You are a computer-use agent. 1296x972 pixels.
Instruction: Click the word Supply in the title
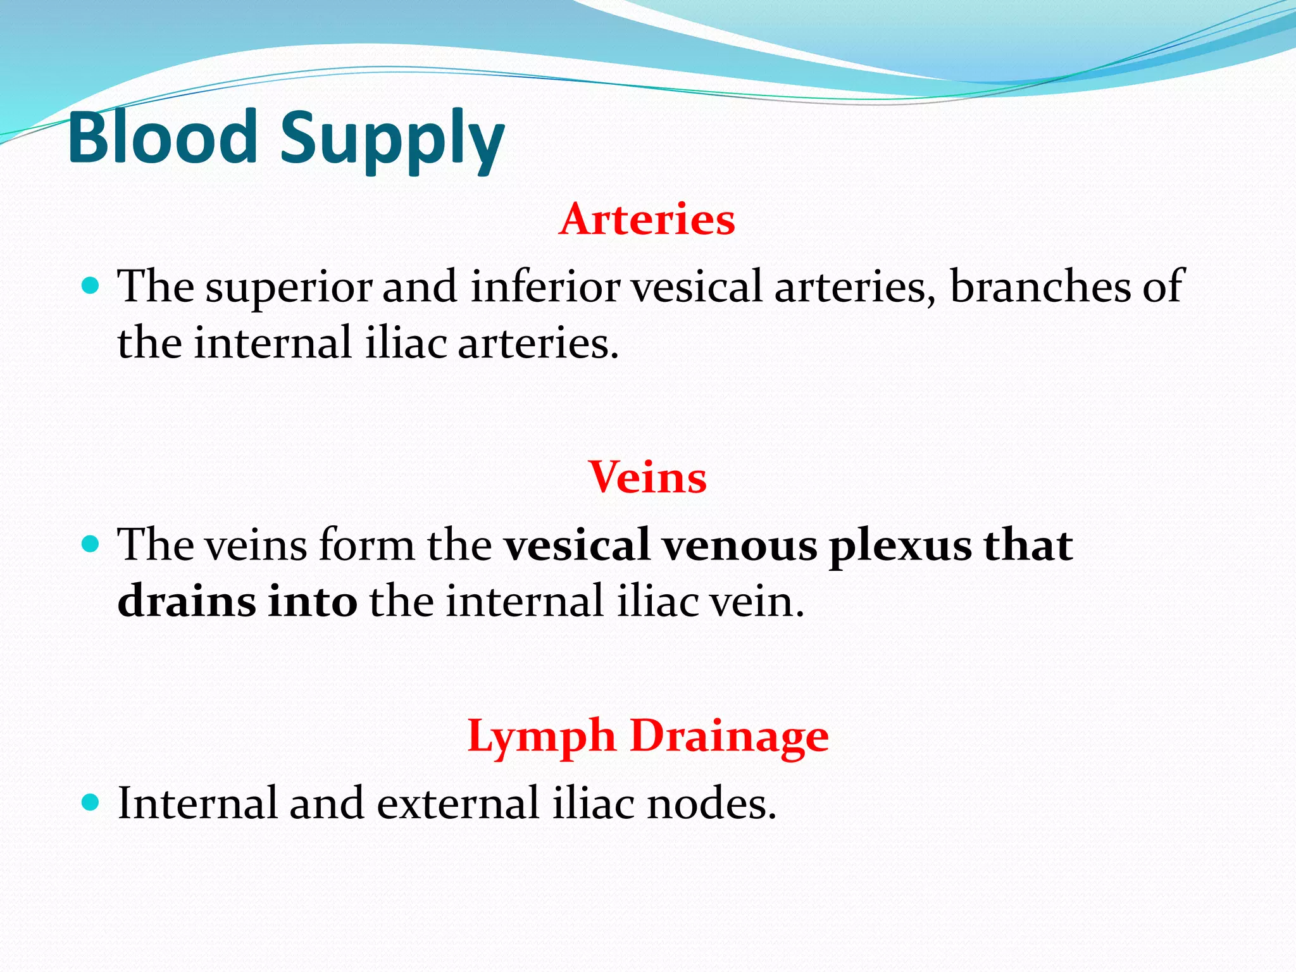click(x=392, y=140)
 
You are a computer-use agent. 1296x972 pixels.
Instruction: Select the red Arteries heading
click(x=647, y=220)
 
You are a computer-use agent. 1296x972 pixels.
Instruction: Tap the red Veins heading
click(x=647, y=477)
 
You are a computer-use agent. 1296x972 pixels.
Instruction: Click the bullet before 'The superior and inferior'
click(x=91, y=285)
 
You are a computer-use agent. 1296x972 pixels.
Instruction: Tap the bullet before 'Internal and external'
click(x=91, y=802)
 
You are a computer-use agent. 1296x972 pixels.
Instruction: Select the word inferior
click(x=545, y=287)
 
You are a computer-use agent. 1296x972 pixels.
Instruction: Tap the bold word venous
click(x=739, y=546)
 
